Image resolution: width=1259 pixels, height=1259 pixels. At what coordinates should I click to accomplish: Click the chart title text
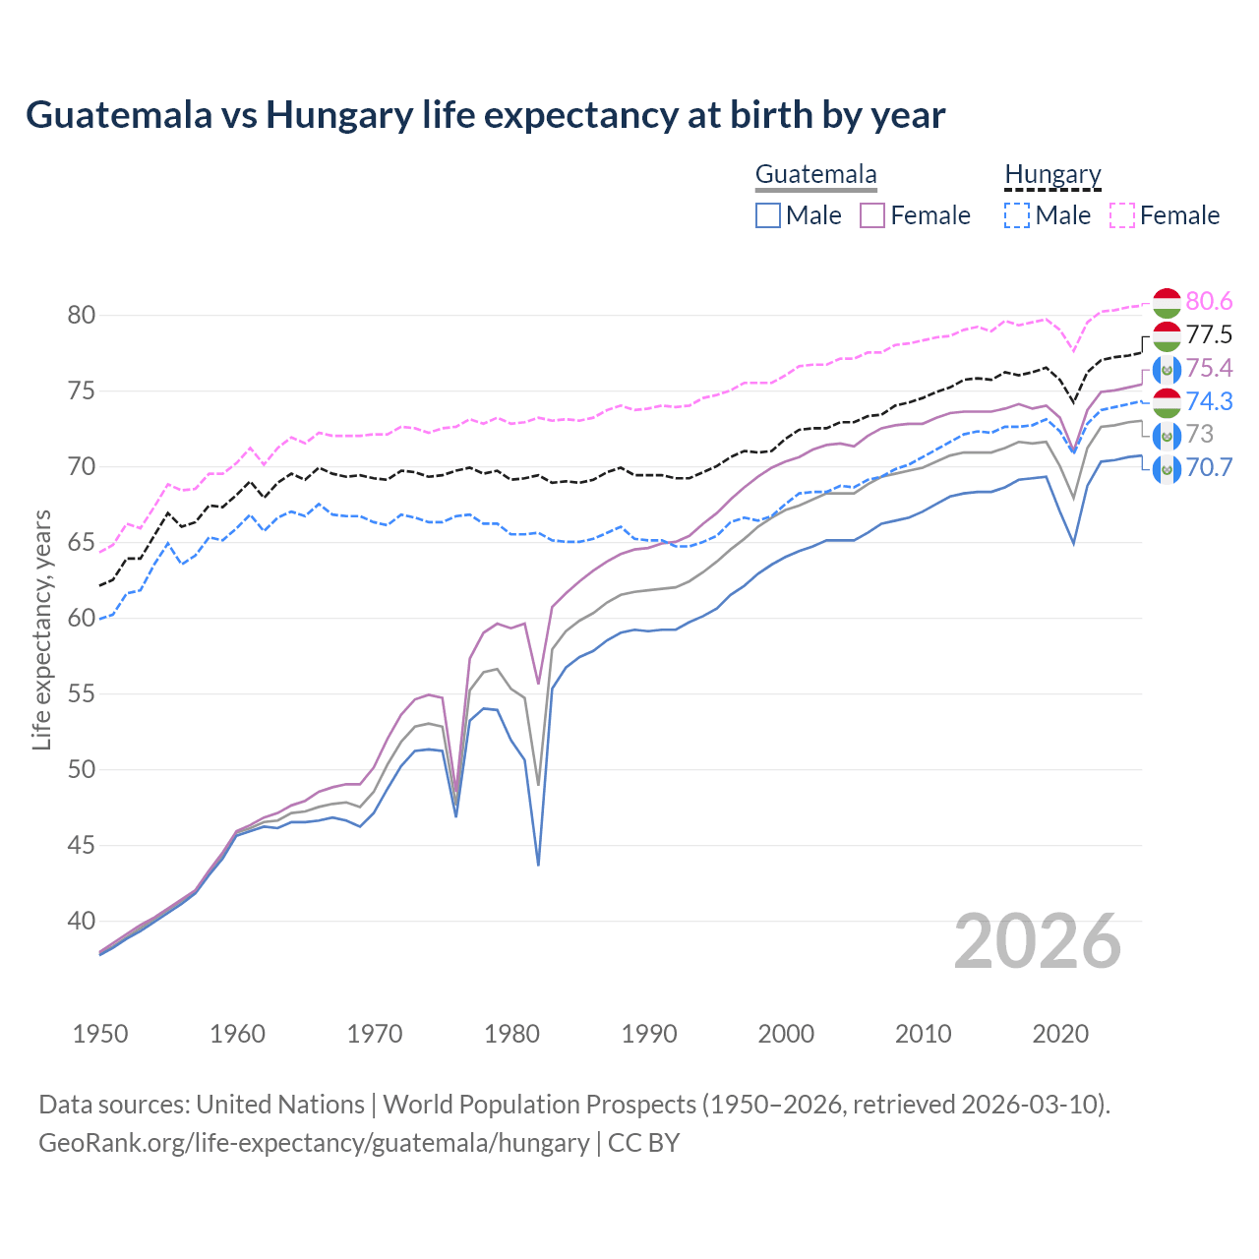pos(485,115)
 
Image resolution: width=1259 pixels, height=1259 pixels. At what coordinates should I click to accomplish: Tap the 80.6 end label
pos(1209,302)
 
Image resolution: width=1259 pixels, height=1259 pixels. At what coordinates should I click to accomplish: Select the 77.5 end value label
pos(1209,335)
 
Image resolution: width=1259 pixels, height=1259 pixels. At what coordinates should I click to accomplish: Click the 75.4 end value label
pos(1209,369)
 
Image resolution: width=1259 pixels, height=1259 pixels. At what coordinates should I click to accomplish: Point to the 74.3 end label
pos(1209,402)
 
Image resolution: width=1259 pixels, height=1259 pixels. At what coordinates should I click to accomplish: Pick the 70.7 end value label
pos(1209,468)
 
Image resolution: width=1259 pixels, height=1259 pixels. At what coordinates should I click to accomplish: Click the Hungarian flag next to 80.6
pos(1167,303)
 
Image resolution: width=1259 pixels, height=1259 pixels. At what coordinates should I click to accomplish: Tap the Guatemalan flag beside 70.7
pos(1167,469)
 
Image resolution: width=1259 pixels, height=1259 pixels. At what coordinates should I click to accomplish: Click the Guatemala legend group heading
pos(815,175)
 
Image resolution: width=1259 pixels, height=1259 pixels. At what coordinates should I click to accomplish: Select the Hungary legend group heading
pos(1052,175)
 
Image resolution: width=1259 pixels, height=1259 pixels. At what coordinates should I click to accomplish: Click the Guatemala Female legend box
pos(872,215)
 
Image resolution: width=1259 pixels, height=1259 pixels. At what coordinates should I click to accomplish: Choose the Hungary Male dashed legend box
pos(1017,215)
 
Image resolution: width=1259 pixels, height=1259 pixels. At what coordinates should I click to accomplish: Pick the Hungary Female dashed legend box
pos(1122,215)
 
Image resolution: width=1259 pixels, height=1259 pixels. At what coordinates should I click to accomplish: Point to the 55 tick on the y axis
pos(82,694)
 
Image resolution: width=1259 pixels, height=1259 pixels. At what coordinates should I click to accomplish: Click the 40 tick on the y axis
pos(82,922)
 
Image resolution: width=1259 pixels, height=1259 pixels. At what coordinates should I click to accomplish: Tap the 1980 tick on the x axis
pos(511,1034)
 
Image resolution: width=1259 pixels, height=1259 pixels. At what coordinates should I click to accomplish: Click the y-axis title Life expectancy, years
pos(41,629)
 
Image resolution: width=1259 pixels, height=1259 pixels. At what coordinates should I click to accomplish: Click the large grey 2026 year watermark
pos(1037,942)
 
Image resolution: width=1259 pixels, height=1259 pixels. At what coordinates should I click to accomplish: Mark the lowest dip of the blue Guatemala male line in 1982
pos(538,865)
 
